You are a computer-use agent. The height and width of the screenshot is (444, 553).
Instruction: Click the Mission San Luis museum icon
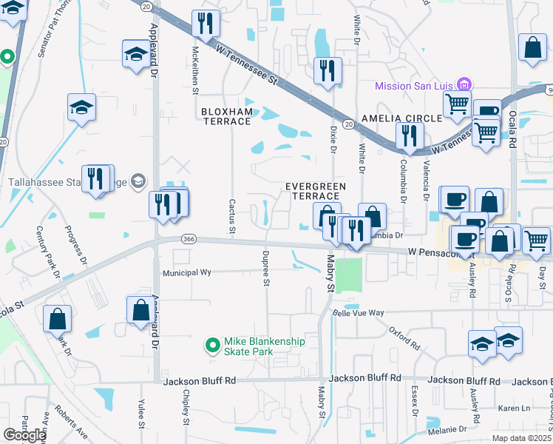pyautogui.click(x=464, y=85)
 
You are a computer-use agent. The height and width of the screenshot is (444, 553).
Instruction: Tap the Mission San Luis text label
pyautogui.click(x=415, y=86)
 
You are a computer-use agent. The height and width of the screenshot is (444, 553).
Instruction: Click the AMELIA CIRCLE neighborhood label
pyautogui.click(x=401, y=118)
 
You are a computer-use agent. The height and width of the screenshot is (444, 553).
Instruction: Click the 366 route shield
pyautogui.click(x=188, y=238)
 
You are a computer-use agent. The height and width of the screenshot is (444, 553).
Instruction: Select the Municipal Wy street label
pyautogui.click(x=187, y=272)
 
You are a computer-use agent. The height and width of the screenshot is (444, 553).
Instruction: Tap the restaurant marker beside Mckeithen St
pyautogui.click(x=205, y=24)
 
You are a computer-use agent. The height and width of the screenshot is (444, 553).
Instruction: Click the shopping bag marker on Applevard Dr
pyautogui.click(x=140, y=311)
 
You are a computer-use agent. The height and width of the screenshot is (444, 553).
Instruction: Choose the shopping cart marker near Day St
pyautogui.click(x=536, y=240)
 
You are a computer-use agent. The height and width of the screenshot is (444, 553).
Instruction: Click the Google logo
pyautogui.click(x=24, y=435)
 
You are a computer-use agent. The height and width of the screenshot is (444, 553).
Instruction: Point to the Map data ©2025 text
pyautogui.click(x=521, y=438)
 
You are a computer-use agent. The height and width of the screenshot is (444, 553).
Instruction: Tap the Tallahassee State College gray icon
pyautogui.click(x=138, y=181)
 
